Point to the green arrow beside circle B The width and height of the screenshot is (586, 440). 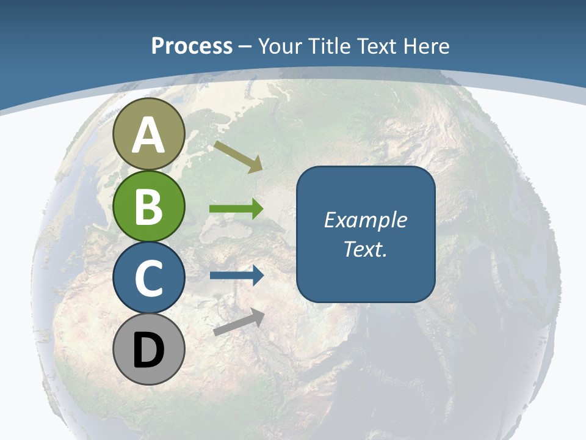[236, 209]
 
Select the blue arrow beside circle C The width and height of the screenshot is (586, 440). [236, 276]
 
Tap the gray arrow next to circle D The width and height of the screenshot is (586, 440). [239, 322]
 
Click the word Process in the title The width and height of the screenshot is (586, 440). [192, 46]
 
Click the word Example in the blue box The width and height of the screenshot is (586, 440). [366, 220]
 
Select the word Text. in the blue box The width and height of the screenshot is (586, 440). [366, 249]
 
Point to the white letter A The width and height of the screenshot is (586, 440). [149, 136]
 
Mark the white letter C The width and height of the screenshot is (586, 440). [149, 278]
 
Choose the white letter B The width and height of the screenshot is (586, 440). [149, 207]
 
